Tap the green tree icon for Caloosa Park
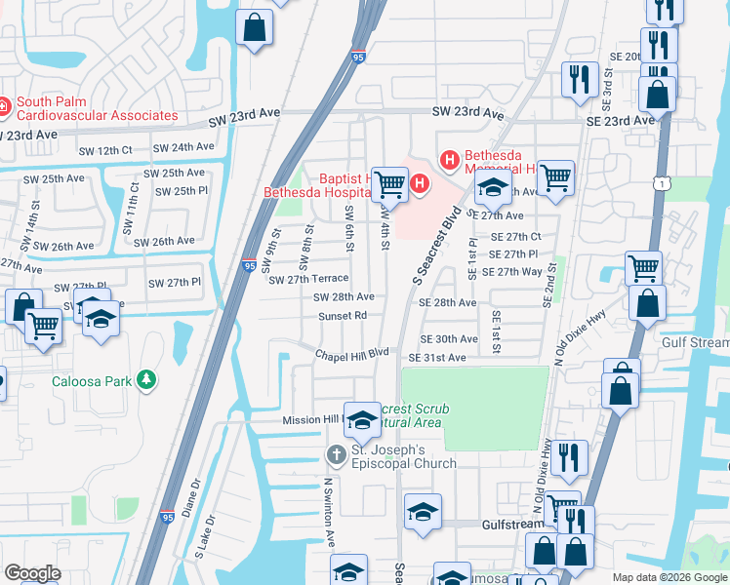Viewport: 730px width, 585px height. (x=146, y=379)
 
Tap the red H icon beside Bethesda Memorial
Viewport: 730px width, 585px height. (x=450, y=158)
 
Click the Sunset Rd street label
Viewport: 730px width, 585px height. (x=343, y=316)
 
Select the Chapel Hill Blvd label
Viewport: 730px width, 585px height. (x=351, y=354)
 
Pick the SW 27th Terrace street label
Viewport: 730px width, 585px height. (x=308, y=279)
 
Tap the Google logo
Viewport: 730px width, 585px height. (x=32, y=573)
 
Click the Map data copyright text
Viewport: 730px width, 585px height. (x=669, y=577)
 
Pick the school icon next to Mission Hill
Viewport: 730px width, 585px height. (x=361, y=419)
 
